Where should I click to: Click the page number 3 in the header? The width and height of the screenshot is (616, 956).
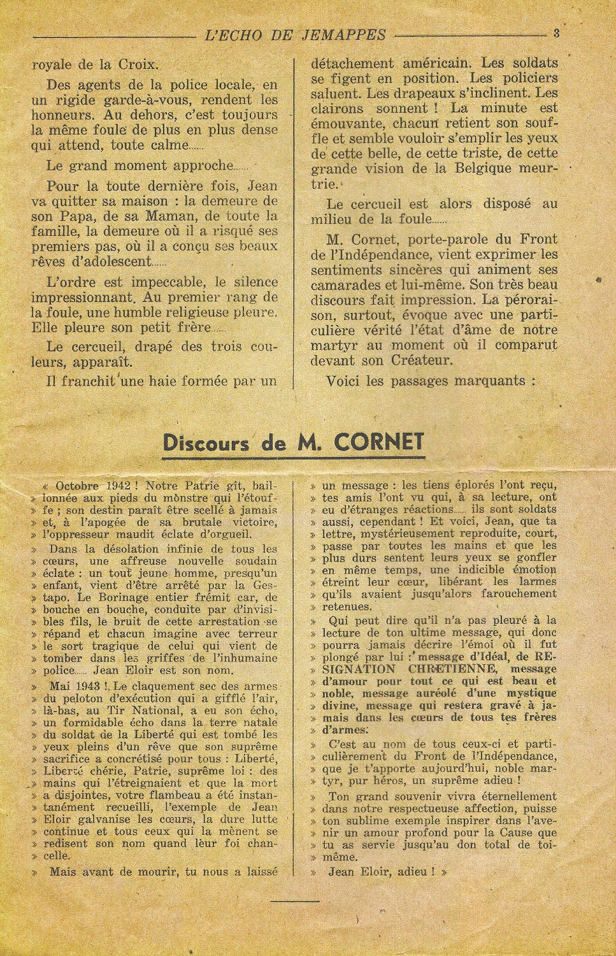[556, 34]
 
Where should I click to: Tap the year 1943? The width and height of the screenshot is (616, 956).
[87, 686]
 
